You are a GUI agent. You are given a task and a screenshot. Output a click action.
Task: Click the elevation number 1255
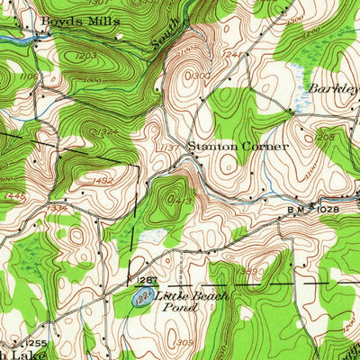(x=36, y=343)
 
